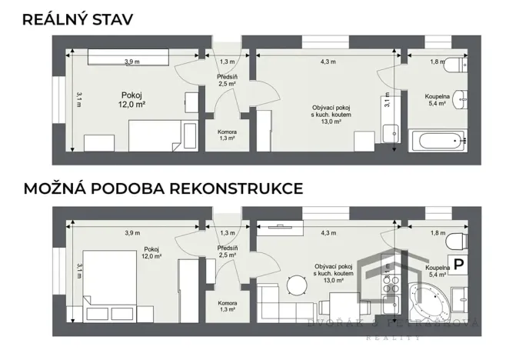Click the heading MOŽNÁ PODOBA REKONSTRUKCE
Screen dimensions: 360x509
(163, 188)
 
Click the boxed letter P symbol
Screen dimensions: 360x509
(459, 264)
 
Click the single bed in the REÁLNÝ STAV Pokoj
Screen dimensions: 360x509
(158, 138)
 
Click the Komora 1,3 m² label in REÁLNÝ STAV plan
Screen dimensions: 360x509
(227, 135)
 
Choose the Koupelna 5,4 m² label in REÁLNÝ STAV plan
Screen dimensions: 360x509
(438, 101)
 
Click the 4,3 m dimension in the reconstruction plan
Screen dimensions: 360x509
(328, 232)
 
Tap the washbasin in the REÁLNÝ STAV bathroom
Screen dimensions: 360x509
(461, 98)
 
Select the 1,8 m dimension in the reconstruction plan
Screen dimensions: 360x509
(437, 232)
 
